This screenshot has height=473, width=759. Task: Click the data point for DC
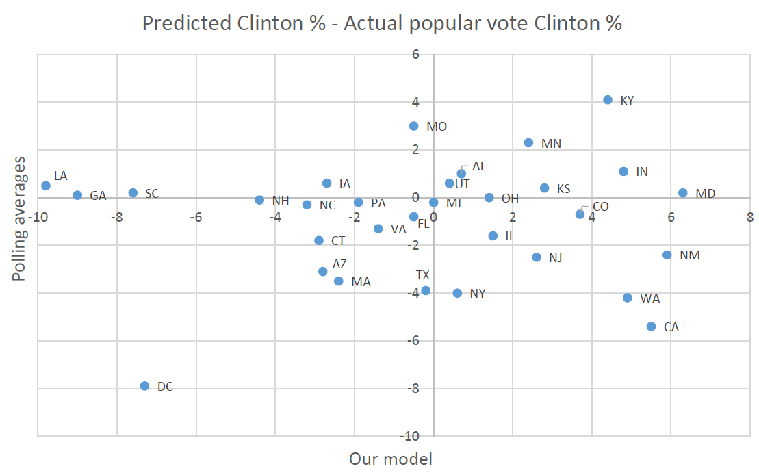[144, 386]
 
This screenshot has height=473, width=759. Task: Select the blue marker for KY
[608, 100]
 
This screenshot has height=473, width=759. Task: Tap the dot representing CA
[651, 327]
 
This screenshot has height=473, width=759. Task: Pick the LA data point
[46, 186]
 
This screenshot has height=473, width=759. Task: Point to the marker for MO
[413, 126]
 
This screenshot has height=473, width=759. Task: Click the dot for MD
[682, 193]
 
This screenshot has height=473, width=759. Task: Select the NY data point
[457, 293]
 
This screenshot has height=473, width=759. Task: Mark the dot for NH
[259, 200]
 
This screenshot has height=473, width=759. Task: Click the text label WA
[649, 298]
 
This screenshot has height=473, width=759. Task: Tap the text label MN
[551, 144]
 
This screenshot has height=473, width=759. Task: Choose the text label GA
[98, 196]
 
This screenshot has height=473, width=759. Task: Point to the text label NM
[690, 255]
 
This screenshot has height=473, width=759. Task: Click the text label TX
[424, 275]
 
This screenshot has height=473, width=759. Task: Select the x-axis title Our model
[391, 459]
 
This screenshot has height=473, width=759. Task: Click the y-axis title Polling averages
[20, 218]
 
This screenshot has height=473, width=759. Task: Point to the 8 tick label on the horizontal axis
[750, 218]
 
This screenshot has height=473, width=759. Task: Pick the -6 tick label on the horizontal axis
[196, 218]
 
